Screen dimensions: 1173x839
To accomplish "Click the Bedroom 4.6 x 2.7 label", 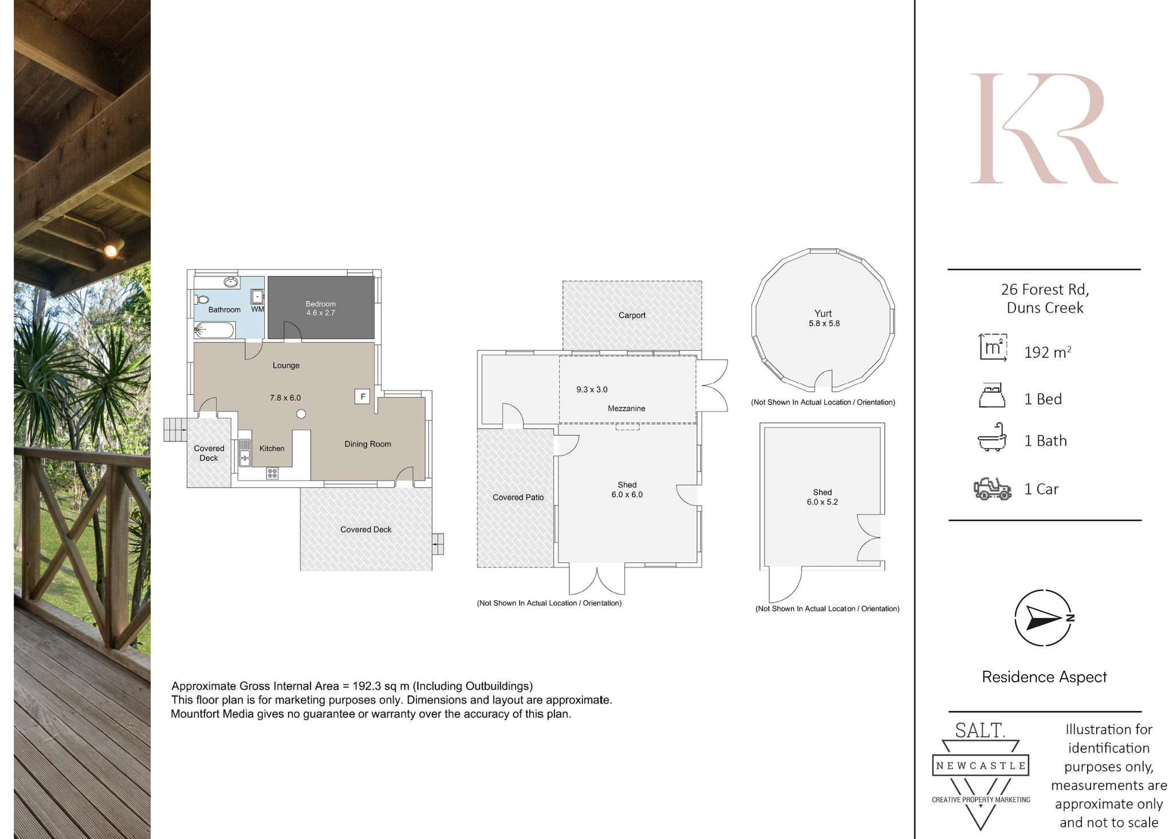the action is tap(321, 308).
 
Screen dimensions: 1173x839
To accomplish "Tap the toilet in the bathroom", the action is tap(202, 299).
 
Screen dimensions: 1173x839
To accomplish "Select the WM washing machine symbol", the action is tap(257, 296).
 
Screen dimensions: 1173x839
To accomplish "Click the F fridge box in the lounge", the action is tap(363, 397).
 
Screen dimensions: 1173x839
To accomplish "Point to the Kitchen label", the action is tap(271, 449).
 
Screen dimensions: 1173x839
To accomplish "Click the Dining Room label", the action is tap(368, 444).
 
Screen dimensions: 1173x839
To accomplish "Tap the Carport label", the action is tap(632, 315).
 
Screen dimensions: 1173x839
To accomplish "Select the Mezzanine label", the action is tap(626, 409).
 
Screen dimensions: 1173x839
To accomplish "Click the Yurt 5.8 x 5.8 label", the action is tap(824, 318).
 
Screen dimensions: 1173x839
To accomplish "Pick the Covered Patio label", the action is tap(518, 497).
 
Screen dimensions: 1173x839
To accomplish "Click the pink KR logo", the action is tap(1044, 128).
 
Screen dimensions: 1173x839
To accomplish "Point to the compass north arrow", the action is tap(1044, 618).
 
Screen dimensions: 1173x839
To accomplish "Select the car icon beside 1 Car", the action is tap(992, 489).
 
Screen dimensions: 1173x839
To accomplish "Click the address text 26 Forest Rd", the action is tap(1045, 290).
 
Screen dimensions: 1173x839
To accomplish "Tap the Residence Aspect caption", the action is tap(1044, 677).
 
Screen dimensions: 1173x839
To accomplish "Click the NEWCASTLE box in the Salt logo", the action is tap(981, 766).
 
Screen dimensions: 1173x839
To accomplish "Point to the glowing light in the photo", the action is tap(111, 250).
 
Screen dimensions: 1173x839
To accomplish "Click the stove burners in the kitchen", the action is tap(272, 473).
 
